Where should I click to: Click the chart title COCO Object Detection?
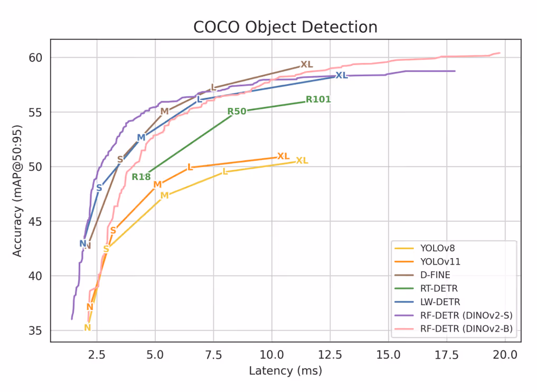tap(286, 27)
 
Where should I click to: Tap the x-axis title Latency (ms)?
tap(285, 371)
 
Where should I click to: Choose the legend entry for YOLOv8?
tap(438, 247)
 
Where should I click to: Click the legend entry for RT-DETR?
tap(439, 288)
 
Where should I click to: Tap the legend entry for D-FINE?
tap(436, 275)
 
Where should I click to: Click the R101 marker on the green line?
tap(318, 99)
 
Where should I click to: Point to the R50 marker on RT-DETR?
tap(237, 112)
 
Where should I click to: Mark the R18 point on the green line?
tap(141, 177)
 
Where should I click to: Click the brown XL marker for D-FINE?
tap(307, 65)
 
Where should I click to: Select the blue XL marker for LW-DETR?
tap(342, 76)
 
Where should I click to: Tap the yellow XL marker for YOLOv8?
tap(302, 161)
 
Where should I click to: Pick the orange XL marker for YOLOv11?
tap(284, 157)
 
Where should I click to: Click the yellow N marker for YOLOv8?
tap(88, 328)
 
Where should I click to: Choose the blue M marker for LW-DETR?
tap(141, 138)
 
